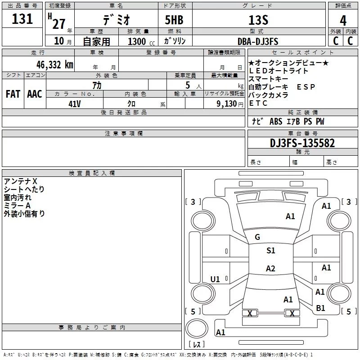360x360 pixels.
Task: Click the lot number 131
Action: (22, 19)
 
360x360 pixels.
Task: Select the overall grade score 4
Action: (343, 21)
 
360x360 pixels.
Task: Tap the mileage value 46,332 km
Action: (55, 65)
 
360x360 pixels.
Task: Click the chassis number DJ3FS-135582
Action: (302, 143)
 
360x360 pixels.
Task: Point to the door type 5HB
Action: (174, 20)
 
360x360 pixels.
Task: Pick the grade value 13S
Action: (258, 20)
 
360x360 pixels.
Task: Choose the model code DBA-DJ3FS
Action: (258, 41)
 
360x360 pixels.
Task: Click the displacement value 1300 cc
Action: (141, 41)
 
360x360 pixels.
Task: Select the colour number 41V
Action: (75, 104)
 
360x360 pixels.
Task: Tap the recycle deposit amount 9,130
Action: (227, 104)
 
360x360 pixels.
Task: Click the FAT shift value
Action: (13, 94)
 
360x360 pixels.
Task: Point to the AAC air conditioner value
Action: (35, 94)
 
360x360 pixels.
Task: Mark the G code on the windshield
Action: (257, 237)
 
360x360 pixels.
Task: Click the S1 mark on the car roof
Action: (271, 251)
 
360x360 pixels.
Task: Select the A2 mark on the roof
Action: (270, 268)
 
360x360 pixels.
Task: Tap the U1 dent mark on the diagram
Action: (215, 279)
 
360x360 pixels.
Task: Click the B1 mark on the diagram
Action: (320, 308)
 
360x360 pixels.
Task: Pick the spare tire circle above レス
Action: (197, 328)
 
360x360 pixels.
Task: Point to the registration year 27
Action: (59, 24)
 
